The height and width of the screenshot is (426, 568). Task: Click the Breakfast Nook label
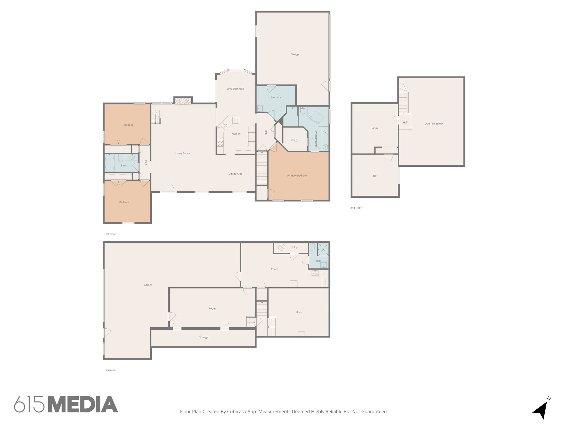coord(236,89)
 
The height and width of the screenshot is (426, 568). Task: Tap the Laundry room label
coord(276,97)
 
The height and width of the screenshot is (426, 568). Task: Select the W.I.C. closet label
coord(295,141)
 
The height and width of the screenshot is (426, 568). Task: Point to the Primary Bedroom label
coord(298,176)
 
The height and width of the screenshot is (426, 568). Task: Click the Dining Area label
coord(235,174)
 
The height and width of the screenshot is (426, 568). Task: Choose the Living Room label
coord(182,153)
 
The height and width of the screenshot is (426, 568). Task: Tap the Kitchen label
coord(236,134)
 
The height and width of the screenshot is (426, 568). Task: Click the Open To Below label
coord(433,124)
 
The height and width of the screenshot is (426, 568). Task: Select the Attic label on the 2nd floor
coord(375,176)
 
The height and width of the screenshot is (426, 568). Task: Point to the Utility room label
coord(294,247)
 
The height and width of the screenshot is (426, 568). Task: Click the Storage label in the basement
coord(204,338)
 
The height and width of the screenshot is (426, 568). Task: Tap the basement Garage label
coord(148,285)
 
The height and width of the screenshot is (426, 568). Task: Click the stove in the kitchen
coord(220,143)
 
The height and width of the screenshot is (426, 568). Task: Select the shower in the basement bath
coord(323,249)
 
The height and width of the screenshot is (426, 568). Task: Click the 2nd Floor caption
coord(356,208)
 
